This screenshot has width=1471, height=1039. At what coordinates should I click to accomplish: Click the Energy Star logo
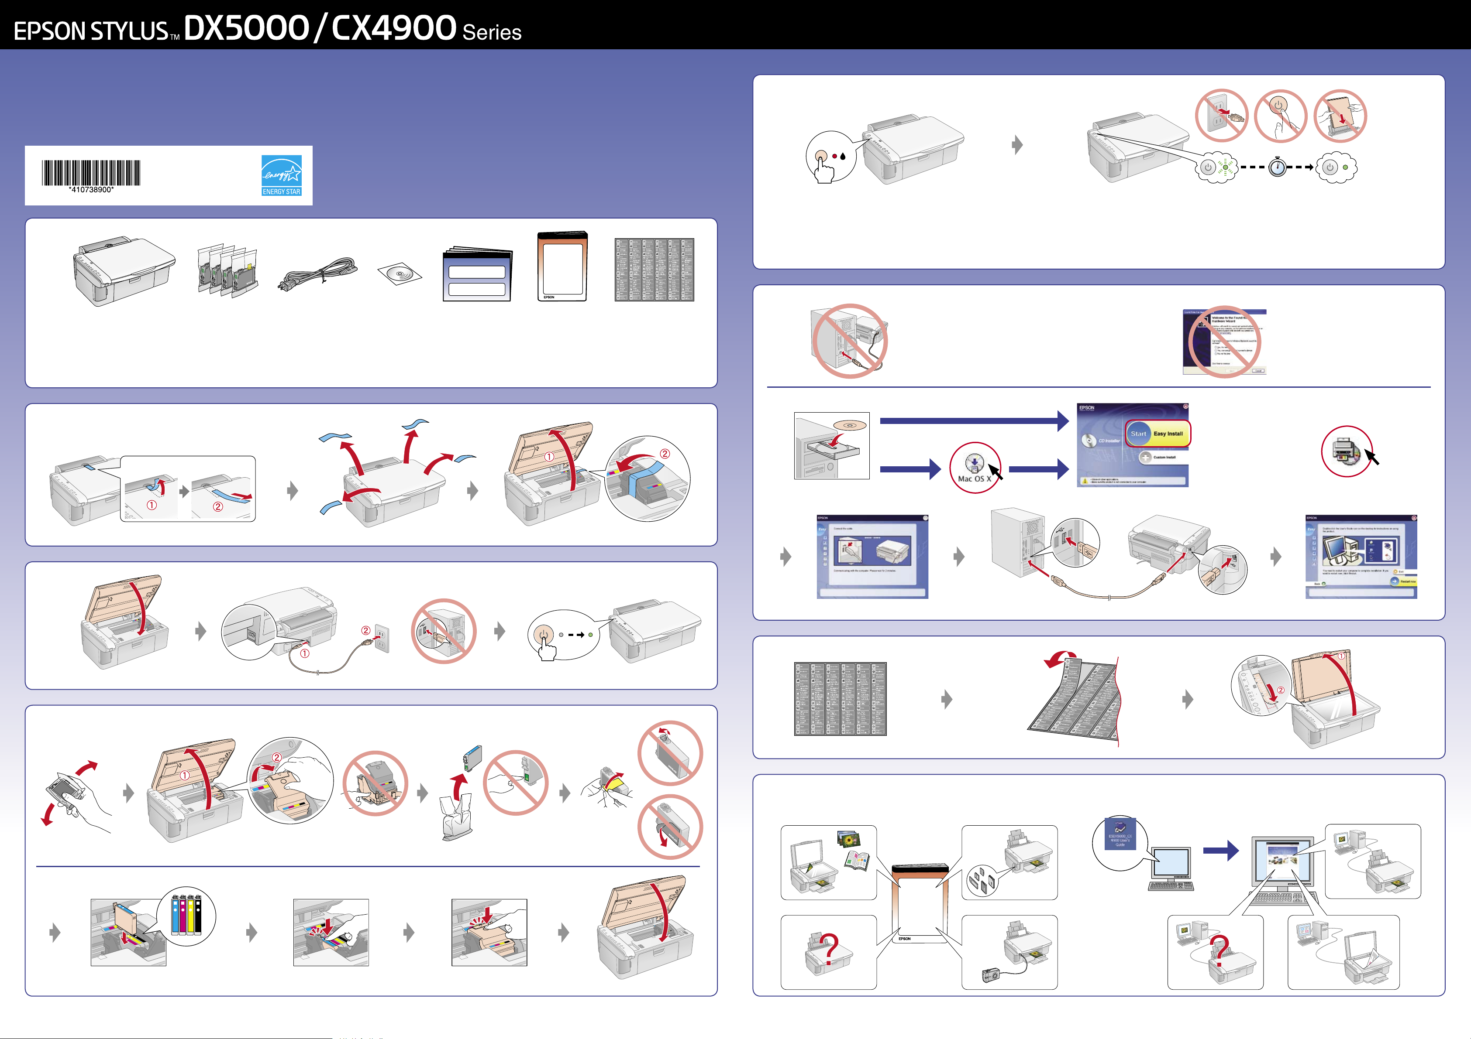pos(281,175)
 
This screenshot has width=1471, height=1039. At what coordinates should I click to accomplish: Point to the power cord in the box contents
pos(318,274)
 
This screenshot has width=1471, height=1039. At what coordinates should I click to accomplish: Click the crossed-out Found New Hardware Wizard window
pos(1224,342)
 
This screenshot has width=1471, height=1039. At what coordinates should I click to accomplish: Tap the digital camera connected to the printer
pos(990,975)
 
